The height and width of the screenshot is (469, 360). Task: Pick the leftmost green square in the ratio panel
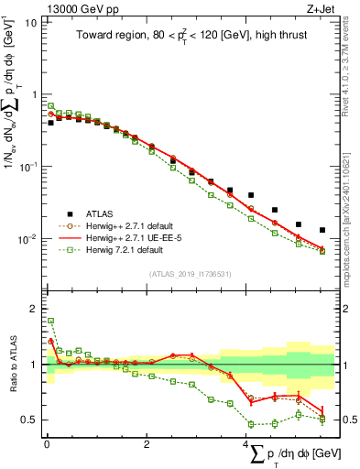point(51,322)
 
